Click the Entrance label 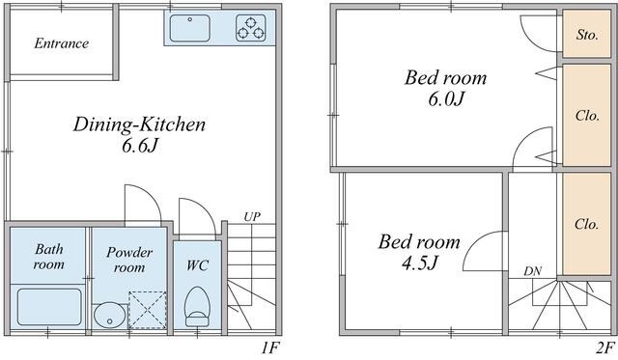click(61, 43)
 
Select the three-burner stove click(255, 29)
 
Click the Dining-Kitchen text click(139, 125)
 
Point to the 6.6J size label click(140, 148)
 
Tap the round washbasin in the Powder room click(109, 314)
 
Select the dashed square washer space click(148, 310)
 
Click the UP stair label click(252, 216)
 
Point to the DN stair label click(532, 271)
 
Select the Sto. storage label click(586, 35)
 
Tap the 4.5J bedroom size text click(419, 263)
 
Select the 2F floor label click(604, 346)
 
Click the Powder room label click(130, 260)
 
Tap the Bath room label click(48, 256)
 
